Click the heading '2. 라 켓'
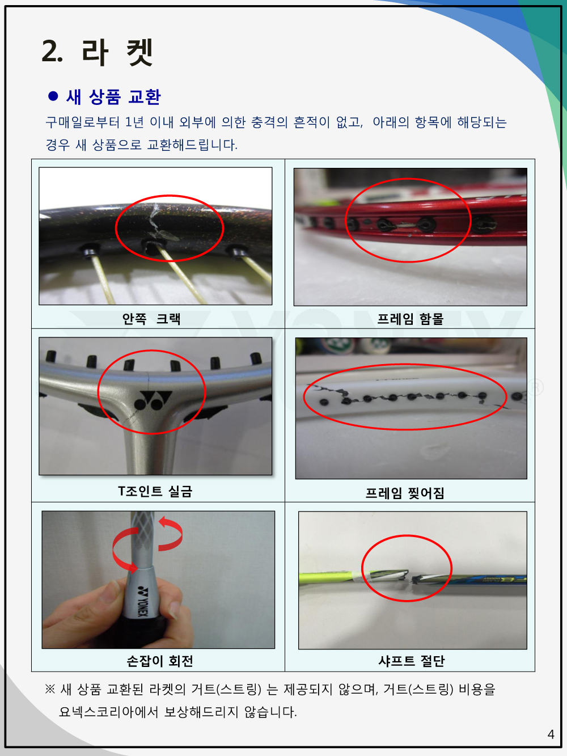[x=97, y=52]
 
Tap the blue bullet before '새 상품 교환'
[x=53, y=96]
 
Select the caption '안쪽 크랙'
[x=151, y=319]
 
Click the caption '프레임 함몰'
[x=410, y=319]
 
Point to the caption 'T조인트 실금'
[x=155, y=491]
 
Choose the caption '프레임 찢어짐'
[x=404, y=493]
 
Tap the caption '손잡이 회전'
[x=160, y=661]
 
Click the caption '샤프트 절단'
[x=412, y=661]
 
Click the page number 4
[x=551, y=734]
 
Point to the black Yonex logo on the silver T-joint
[x=153, y=400]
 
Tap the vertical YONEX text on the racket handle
[x=142, y=601]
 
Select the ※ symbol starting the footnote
[x=50, y=689]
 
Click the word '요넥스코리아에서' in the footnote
[x=108, y=712]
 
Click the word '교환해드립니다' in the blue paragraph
[x=192, y=145]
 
